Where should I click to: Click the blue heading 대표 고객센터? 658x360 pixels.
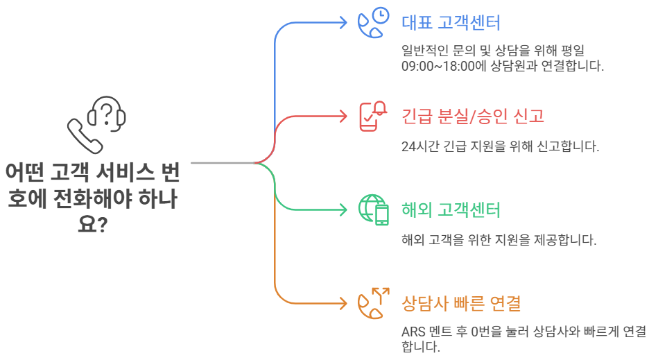(451, 22)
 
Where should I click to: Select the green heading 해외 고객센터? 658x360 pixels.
(451, 209)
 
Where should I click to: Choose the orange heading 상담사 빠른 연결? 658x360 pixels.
(461, 303)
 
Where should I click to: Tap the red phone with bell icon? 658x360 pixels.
(372, 116)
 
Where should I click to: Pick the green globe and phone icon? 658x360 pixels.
(373, 209)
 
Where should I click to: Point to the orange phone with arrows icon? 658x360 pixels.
(372, 302)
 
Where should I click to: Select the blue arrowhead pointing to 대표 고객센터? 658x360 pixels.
(343, 22)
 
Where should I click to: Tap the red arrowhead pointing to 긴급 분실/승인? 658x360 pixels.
(343, 116)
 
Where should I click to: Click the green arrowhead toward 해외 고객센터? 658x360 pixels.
(343, 209)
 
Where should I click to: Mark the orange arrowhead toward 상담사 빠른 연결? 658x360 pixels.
(343, 303)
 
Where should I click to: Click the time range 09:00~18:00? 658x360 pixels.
(439, 67)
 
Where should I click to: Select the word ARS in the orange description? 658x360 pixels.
(414, 331)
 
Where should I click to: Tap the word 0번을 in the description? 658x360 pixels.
(486, 331)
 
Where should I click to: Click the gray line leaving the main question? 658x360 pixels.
(222, 163)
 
